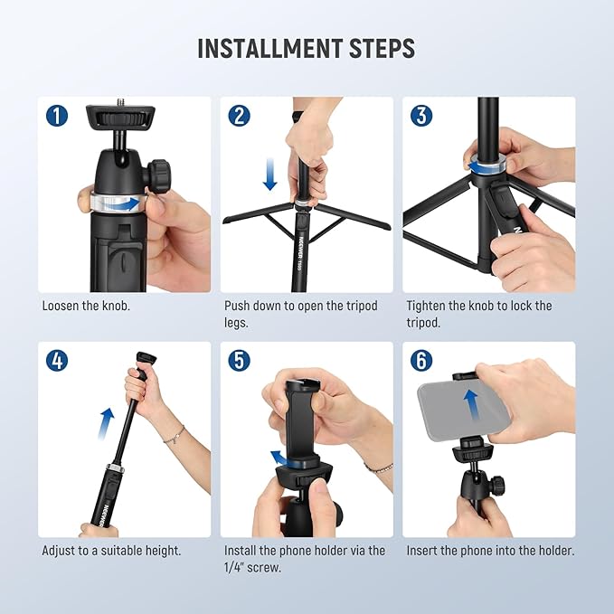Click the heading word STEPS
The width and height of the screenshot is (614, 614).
pyautogui.click(x=383, y=48)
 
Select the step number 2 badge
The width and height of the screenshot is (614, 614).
pyautogui.click(x=240, y=116)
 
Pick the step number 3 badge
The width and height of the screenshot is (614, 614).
pyautogui.click(x=421, y=116)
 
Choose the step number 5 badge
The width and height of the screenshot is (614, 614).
pyautogui.click(x=240, y=360)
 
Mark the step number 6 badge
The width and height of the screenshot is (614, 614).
pyautogui.click(x=421, y=360)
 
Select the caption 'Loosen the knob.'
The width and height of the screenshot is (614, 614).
pyautogui.click(x=86, y=306)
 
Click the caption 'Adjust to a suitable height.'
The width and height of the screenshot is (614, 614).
pyautogui.click(x=111, y=550)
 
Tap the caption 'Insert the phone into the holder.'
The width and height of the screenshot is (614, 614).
pyautogui.click(x=490, y=550)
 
